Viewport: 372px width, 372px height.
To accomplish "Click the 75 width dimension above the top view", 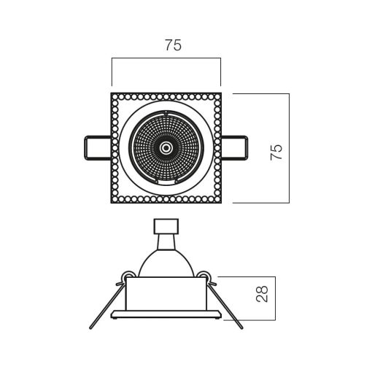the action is click(x=174, y=45).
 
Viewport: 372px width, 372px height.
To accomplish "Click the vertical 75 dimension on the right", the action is click(x=276, y=152).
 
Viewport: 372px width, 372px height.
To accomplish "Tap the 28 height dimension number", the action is click(x=262, y=294).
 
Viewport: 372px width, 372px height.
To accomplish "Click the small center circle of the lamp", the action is click(x=166, y=147).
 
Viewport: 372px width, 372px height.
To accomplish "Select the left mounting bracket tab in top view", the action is click(x=98, y=148).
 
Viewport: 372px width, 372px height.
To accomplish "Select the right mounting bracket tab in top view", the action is click(x=234, y=148).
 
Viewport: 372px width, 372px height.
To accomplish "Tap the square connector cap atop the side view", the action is click(x=166, y=226).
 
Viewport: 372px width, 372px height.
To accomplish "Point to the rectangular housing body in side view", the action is click(x=166, y=293).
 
